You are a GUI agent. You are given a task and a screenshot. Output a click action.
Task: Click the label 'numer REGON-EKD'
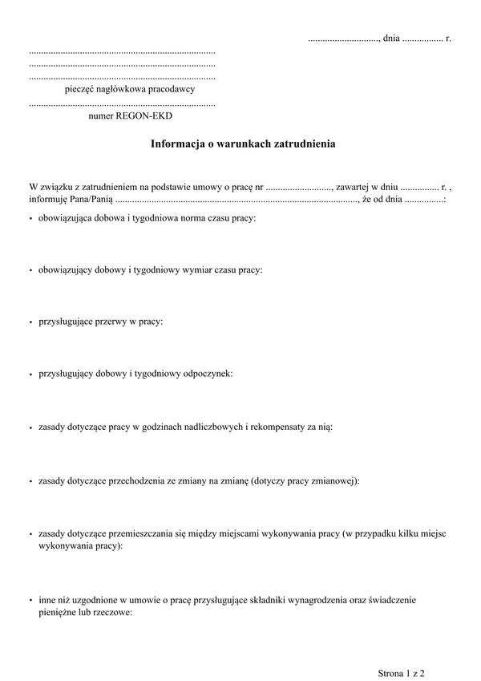[131, 116]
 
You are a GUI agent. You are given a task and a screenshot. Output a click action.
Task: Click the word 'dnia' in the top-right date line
[391, 38]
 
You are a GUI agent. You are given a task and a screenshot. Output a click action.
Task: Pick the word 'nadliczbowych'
[210, 428]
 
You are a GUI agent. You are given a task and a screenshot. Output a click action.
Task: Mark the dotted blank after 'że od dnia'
[425, 200]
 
